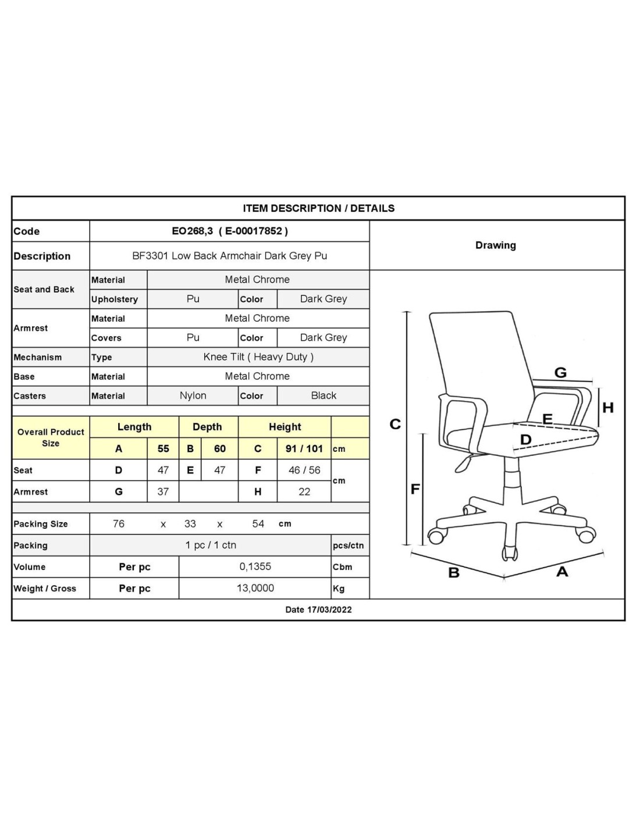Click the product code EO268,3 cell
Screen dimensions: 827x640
(x=229, y=231)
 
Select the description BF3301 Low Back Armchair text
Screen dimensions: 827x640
(x=229, y=256)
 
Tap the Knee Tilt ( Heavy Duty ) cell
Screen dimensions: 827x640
(x=258, y=357)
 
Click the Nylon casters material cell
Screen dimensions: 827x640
(x=193, y=395)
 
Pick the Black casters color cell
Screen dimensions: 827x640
(x=323, y=395)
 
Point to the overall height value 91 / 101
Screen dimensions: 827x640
(x=304, y=448)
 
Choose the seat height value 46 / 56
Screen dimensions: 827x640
(x=304, y=470)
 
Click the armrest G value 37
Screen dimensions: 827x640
(x=163, y=491)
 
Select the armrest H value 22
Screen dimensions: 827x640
(x=304, y=491)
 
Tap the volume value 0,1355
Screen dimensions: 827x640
(x=255, y=566)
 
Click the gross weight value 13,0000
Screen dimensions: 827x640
(x=255, y=588)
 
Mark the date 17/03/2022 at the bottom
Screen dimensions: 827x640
(x=318, y=609)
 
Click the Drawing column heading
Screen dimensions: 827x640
(x=495, y=245)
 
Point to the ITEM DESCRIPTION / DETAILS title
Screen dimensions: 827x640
(x=318, y=208)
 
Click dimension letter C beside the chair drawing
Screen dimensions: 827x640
(x=395, y=424)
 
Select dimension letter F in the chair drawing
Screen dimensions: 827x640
(x=415, y=489)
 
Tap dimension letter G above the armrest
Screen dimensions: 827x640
(x=560, y=373)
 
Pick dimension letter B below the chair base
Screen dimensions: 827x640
(x=454, y=573)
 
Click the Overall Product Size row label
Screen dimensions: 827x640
(x=51, y=437)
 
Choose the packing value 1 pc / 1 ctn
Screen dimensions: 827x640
(x=211, y=545)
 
